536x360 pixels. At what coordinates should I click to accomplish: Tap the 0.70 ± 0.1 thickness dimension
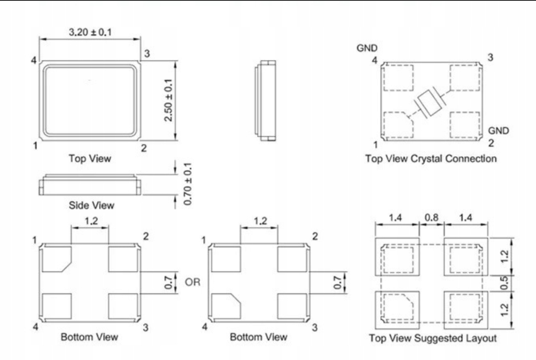[188, 184]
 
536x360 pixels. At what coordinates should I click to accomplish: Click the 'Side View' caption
[91, 205]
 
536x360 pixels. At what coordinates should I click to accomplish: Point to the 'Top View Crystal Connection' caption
[431, 158]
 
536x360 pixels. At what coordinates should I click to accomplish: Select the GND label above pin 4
[367, 48]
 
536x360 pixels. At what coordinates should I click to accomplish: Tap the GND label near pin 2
[499, 131]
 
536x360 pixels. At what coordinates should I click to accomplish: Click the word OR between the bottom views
[193, 282]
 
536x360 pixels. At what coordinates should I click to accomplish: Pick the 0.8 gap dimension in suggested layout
[431, 217]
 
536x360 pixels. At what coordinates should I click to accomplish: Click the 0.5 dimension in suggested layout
[504, 283]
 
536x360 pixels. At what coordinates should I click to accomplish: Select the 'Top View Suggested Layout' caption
[433, 338]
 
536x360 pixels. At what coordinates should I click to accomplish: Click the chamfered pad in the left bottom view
[57, 259]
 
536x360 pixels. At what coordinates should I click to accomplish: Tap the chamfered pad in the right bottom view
[226, 306]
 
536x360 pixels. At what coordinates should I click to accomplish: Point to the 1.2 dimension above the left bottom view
[90, 222]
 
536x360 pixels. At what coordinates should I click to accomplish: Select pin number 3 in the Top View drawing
[147, 54]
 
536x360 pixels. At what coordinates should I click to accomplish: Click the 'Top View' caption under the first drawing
[90, 158]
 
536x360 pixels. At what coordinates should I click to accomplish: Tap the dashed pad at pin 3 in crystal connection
[465, 77]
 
